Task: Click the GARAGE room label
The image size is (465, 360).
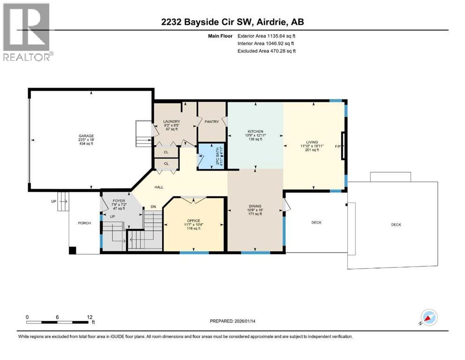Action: click(86, 136)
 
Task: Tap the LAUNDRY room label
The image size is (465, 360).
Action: click(171, 121)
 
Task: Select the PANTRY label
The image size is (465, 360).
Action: click(212, 121)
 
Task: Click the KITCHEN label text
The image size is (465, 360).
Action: click(255, 132)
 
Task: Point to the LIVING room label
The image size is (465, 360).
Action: click(312, 142)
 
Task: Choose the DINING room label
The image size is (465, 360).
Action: click(255, 206)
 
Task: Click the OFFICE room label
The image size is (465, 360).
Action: click(193, 221)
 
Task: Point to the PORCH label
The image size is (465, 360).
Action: click(84, 223)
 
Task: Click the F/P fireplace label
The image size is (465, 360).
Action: click(338, 146)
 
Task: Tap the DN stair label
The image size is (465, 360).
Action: click(152, 206)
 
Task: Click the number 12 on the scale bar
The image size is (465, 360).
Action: click(89, 317)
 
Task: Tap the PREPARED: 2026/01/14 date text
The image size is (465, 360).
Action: click(239, 321)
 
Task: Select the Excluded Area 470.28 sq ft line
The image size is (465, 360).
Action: click(266, 51)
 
